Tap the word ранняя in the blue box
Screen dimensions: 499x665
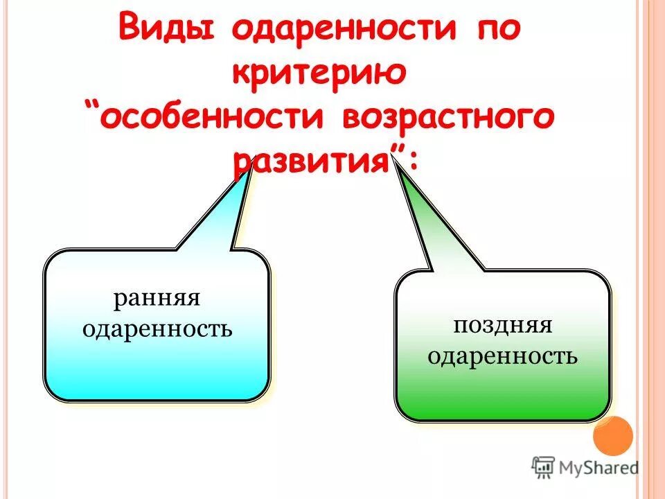click(157, 301)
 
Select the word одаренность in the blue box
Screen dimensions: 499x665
click(157, 329)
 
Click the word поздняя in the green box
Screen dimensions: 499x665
click(503, 326)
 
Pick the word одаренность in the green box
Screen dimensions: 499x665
click(503, 356)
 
